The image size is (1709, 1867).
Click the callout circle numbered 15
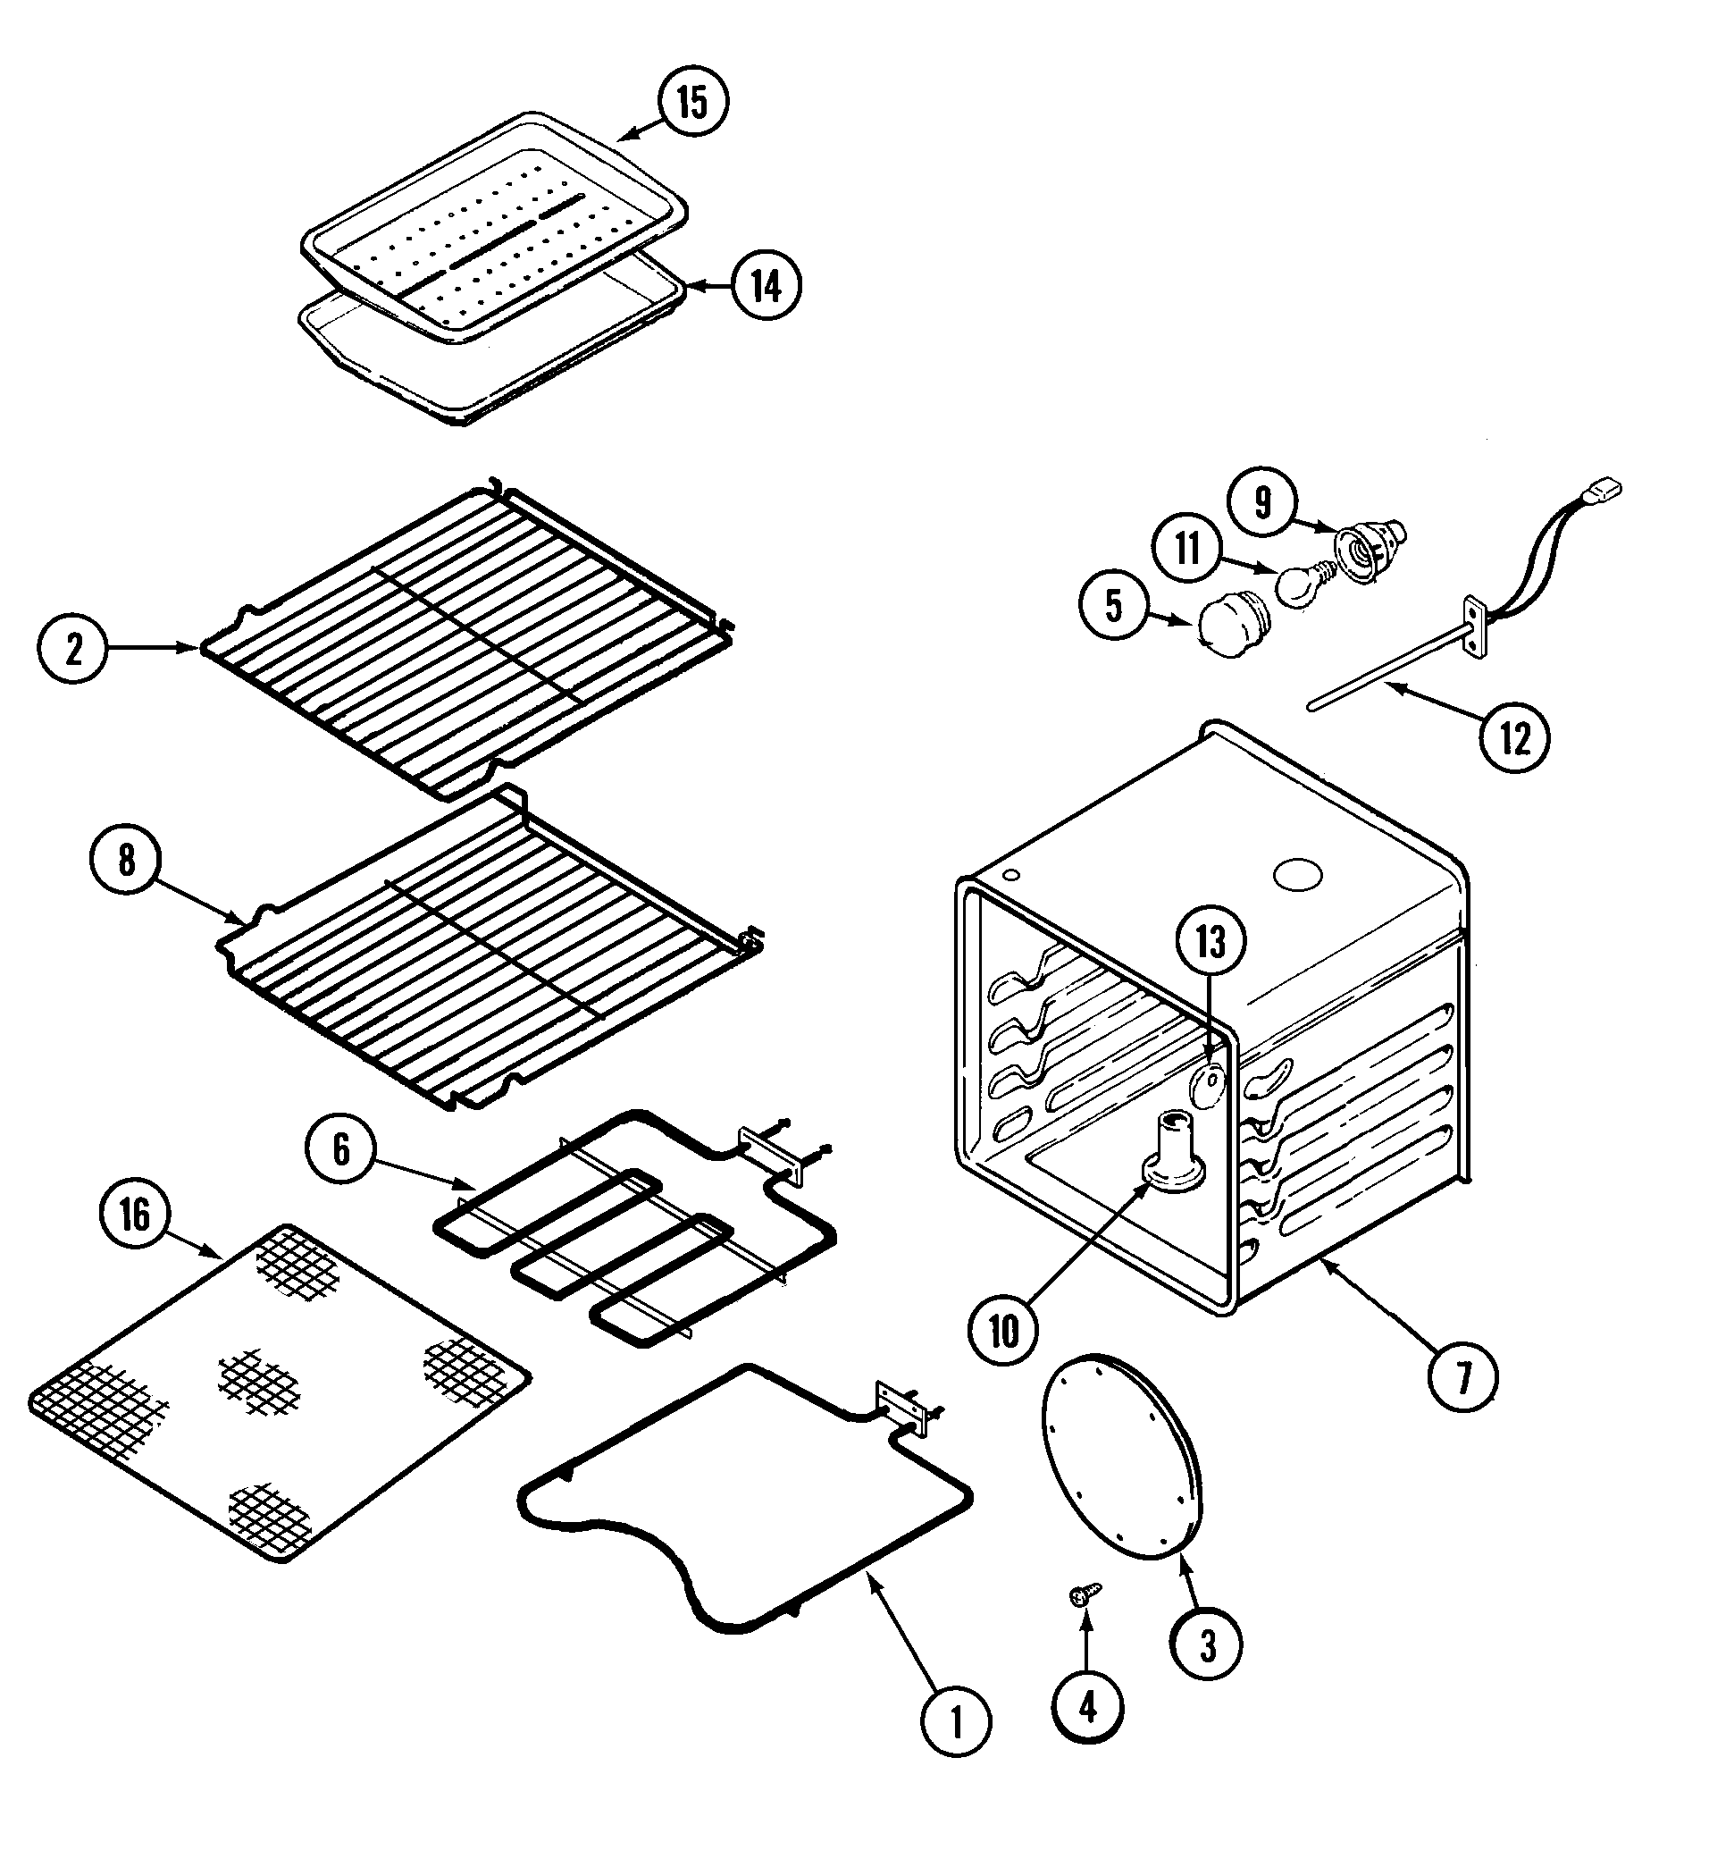(693, 102)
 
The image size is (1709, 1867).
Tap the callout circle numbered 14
(766, 286)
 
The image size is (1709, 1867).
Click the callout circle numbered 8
(126, 861)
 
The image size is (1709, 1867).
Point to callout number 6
(341, 1149)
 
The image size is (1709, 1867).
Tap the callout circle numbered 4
(1088, 1706)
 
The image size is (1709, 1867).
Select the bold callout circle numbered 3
(1207, 1645)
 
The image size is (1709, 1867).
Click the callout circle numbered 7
(1462, 1378)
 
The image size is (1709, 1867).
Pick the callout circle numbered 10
(1003, 1333)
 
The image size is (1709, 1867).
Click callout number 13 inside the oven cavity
(1211, 942)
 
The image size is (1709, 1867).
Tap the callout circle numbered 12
(1514, 738)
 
